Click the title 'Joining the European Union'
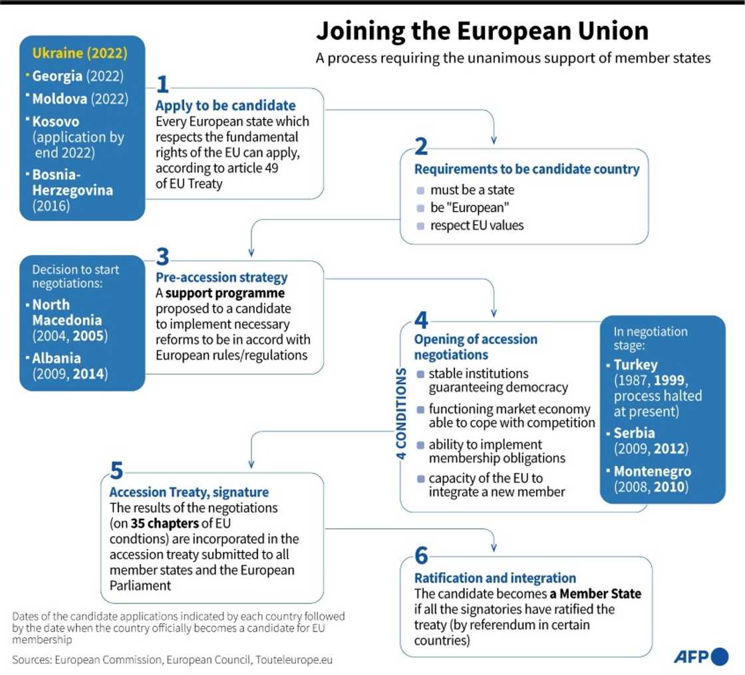click(x=482, y=32)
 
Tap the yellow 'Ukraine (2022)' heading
click(x=79, y=53)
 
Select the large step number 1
click(x=162, y=85)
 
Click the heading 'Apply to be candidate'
click(x=225, y=106)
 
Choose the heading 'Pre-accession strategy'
click(x=222, y=277)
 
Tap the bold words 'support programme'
click(x=225, y=293)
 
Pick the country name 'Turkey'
click(x=635, y=365)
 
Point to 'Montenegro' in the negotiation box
click(x=653, y=471)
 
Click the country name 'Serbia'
click(x=634, y=433)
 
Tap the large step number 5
click(x=116, y=471)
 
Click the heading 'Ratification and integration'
click(x=495, y=578)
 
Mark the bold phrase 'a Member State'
click(x=595, y=593)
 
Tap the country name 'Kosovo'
click(x=55, y=122)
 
